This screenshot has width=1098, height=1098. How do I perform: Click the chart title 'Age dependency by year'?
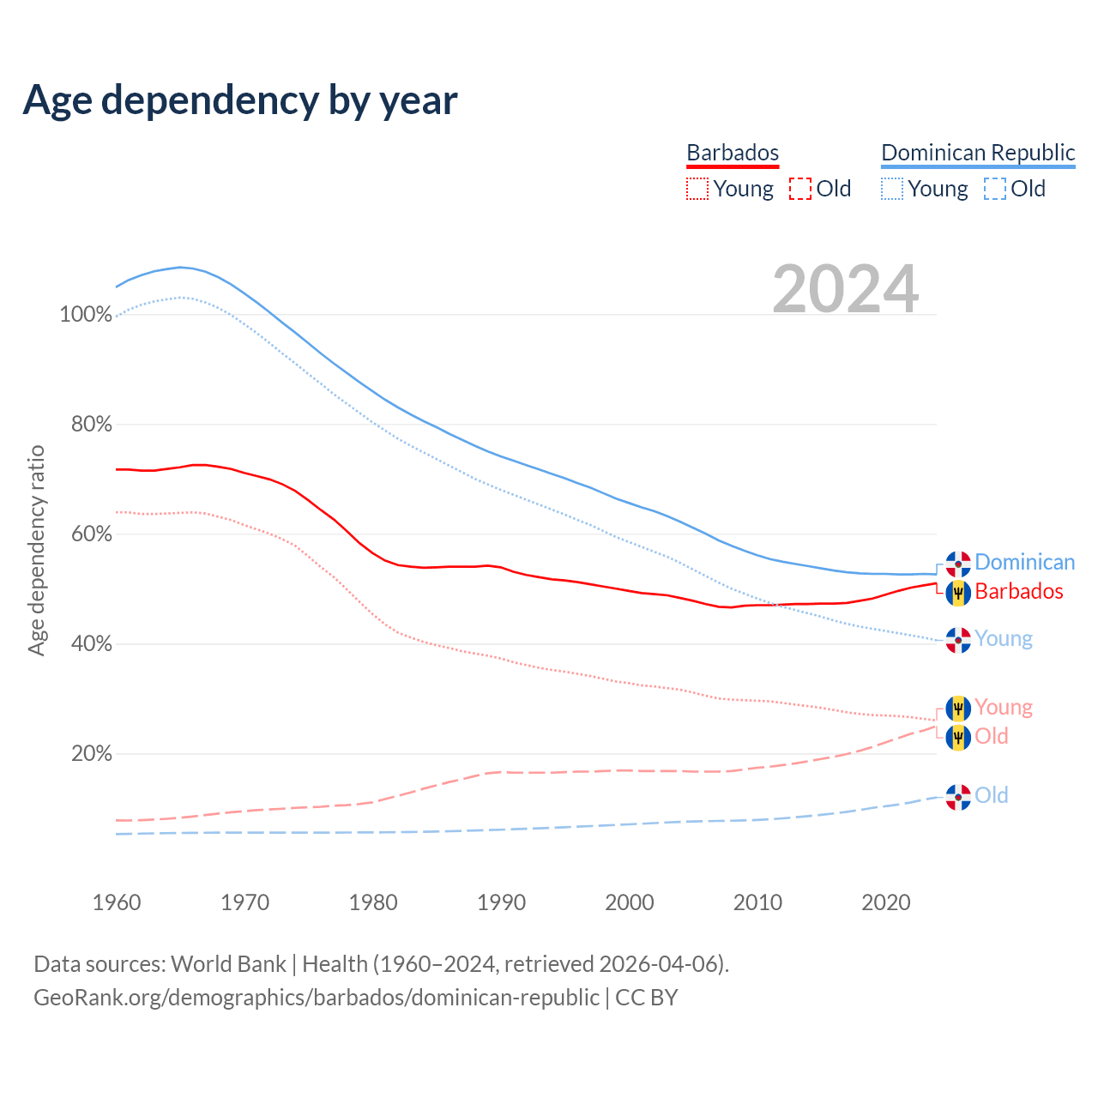coord(240,100)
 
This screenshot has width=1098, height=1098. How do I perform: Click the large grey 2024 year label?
coord(845,289)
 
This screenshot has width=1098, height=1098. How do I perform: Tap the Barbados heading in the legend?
coord(733,153)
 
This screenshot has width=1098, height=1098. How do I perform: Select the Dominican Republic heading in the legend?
coord(978,153)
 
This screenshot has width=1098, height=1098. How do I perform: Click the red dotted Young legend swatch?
coord(697,189)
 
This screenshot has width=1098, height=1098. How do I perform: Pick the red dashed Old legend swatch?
coord(800,189)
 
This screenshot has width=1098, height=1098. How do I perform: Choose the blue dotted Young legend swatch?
coord(892,189)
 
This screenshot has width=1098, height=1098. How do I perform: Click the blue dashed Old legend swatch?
coord(995,189)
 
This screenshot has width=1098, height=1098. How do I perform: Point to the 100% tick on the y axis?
coord(86,315)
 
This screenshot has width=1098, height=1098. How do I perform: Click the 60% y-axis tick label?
coord(91,534)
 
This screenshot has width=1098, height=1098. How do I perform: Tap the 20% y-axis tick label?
coord(91,754)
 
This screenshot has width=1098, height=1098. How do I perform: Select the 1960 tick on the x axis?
coord(117,902)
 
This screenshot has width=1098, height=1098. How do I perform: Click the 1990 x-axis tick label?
coord(502,902)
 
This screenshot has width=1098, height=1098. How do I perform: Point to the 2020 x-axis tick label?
coord(886,902)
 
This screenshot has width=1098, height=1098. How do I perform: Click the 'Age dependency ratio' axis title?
coord(36,550)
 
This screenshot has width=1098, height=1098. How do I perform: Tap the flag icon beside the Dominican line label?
coord(958,564)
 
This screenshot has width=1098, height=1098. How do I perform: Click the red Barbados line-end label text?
coord(1019,592)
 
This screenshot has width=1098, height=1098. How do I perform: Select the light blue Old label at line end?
coord(992,796)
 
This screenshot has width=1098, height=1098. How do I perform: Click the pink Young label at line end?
coord(1004,708)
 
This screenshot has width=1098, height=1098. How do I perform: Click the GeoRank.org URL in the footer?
coord(316,998)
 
